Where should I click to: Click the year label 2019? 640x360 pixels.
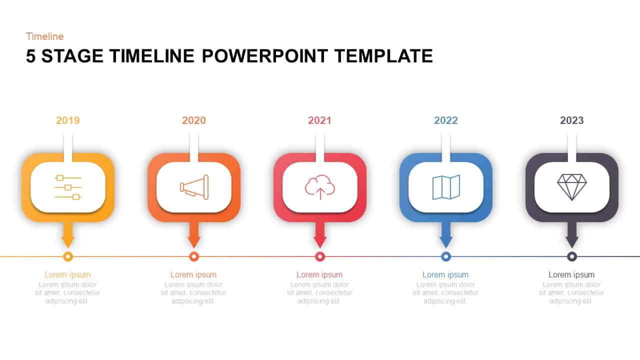click(68, 120)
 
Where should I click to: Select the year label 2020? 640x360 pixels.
click(194, 120)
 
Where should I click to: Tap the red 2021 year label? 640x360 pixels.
click(320, 120)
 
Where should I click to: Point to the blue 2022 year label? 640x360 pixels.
click(446, 120)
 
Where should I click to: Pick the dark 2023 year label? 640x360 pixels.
click(572, 120)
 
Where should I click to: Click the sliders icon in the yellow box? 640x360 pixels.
click(68, 187)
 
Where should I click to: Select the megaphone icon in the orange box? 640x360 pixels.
click(194, 187)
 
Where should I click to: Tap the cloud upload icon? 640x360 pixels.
click(320, 187)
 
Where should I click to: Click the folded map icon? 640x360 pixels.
click(446, 187)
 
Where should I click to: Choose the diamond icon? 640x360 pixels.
click(572, 187)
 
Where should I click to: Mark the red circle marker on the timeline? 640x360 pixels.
click(320, 256)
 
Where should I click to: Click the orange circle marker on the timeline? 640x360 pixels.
click(194, 256)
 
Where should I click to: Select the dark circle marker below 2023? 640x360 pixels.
click(572, 256)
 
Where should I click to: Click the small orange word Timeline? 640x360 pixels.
click(45, 36)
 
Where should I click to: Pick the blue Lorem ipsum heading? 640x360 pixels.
click(445, 274)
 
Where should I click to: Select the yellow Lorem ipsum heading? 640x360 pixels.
click(67, 274)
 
